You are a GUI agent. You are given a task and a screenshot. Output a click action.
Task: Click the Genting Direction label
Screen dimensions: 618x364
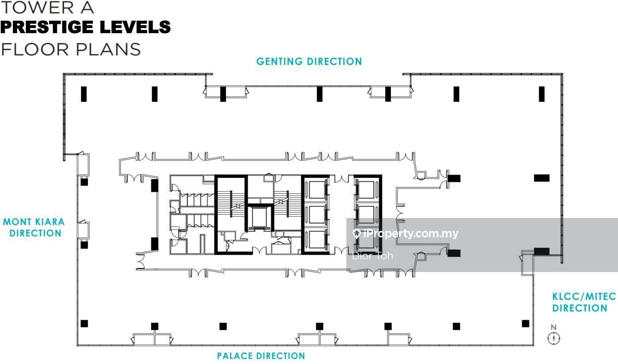click(309, 61)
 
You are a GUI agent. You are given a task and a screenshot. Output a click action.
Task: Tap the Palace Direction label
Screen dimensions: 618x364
click(261, 356)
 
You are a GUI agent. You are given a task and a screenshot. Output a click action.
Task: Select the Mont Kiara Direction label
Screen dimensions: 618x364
click(34, 227)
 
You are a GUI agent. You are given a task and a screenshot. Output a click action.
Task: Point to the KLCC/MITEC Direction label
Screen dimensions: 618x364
click(584, 302)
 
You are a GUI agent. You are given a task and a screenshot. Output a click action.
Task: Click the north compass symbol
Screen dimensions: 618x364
click(553, 338)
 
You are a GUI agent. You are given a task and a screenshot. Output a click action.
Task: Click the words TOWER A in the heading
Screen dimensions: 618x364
click(47, 8)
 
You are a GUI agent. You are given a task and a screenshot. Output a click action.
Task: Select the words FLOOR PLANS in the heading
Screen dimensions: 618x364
click(71, 50)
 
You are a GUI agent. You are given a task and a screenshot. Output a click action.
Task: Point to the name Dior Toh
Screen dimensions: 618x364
click(372, 256)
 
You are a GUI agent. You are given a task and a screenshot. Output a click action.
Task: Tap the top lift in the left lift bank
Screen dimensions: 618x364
click(316, 189)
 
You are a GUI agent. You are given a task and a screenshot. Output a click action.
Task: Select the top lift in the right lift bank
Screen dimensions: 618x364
click(366, 189)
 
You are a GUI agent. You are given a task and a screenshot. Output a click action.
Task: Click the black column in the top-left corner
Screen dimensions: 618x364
click(84, 94)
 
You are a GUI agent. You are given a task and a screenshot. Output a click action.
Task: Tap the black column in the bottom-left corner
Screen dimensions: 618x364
click(84, 323)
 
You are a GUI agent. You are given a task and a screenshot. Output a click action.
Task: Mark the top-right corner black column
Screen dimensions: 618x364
click(541, 94)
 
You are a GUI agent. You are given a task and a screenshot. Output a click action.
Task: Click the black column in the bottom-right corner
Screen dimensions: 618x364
click(526, 323)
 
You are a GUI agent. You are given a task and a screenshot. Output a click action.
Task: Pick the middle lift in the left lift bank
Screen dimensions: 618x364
click(316, 214)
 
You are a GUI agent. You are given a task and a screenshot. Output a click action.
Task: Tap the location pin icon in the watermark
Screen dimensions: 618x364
click(357, 234)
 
